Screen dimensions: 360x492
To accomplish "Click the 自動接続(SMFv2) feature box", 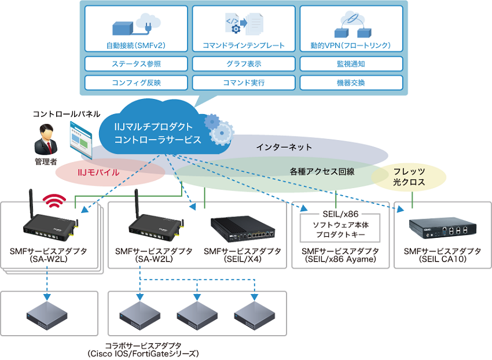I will [x=137, y=30].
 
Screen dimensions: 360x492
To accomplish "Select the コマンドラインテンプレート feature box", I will [x=244, y=30].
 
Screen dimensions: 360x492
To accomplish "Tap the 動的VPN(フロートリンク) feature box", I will [x=351, y=30].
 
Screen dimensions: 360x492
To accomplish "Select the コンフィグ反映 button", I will [x=137, y=82].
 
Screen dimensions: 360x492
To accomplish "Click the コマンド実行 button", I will [x=244, y=82].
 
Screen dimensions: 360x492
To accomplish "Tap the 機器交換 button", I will [x=351, y=82].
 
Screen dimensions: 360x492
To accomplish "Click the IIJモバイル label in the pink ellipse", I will [x=99, y=172].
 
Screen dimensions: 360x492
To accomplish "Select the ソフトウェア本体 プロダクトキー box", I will [x=340, y=230].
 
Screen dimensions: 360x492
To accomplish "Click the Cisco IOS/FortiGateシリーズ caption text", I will [x=143, y=353].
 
